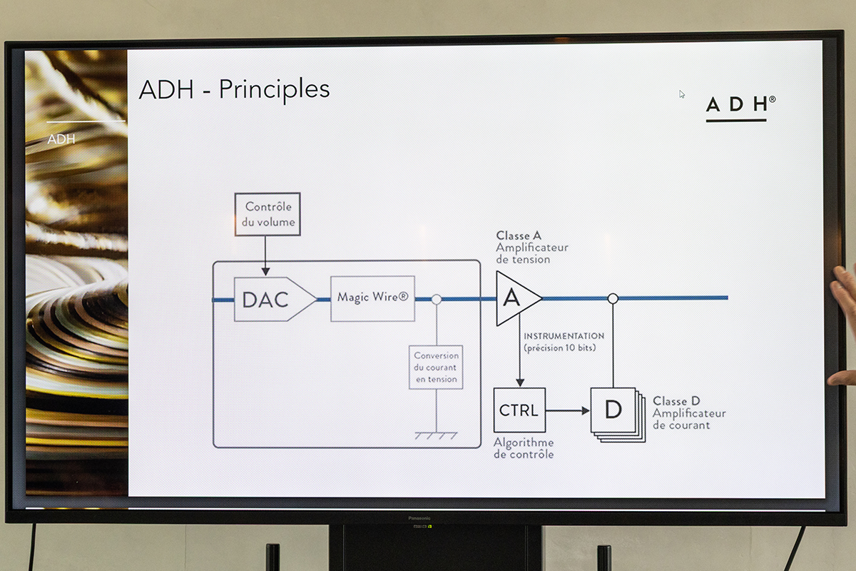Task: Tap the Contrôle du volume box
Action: tap(267, 214)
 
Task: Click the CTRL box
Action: tap(519, 410)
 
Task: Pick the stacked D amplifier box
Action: tap(613, 410)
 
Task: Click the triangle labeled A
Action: tap(515, 298)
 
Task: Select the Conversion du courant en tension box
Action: tap(436, 367)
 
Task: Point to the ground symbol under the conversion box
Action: tap(436, 435)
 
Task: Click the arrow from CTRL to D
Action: tap(568, 410)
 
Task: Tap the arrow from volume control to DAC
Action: tap(265, 256)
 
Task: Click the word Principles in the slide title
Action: tap(274, 89)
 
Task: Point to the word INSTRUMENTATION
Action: tap(564, 336)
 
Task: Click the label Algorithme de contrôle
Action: tap(524, 448)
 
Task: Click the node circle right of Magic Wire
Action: tap(437, 299)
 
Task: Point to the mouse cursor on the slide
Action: tap(682, 94)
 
